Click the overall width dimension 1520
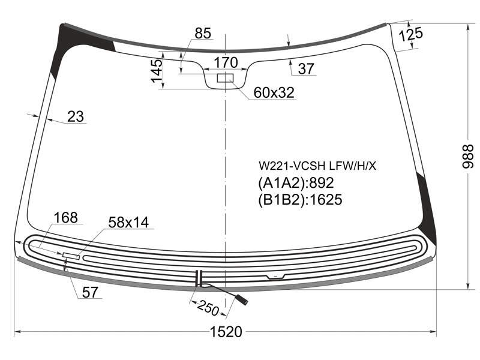[x=226, y=332]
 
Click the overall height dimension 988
[x=467, y=156]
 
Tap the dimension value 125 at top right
[x=411, y=34]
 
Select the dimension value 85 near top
[x=203, y=33]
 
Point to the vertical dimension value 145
[x=157, y=71]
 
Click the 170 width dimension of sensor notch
[x=226, y=62]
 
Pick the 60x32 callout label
[x=274, y=92]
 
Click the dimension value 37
[x=306, y=68]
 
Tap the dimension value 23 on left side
[x=76, y=116]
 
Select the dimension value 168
[x=65, y=218]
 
